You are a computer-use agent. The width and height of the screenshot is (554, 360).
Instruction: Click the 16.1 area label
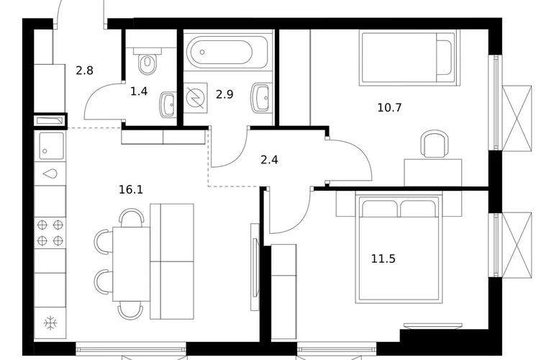tap(131, 190)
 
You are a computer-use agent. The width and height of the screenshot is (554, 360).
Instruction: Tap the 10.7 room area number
tap(389, 107)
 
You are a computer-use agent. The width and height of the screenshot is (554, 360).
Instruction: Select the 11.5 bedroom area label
tap(383, 259)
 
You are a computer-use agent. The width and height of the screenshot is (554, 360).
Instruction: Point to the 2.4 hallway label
tap(269, 160)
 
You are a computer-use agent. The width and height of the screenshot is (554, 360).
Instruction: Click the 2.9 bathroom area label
tap(224, 95)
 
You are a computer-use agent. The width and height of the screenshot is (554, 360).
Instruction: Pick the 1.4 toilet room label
tap(139, 91)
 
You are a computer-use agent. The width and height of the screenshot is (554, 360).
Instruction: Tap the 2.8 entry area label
tap(84, 71)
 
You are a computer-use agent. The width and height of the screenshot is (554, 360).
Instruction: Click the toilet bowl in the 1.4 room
tap(147, 61)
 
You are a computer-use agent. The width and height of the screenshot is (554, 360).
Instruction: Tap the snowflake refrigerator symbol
tap(50, 323)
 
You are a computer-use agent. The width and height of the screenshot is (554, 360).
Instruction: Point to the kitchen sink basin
tap(50, 145)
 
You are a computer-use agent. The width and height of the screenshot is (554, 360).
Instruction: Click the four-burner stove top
tap(50, 233)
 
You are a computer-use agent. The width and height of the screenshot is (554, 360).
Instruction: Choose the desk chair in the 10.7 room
tap(435, 143)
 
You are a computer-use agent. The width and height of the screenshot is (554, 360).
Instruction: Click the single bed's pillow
tap(444, 58)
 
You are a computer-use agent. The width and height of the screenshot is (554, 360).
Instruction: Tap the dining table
tap(132, 264)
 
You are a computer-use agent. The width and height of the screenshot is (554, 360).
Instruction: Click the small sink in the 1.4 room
tap(168, 104)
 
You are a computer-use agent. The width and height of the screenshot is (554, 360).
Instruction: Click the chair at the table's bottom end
tap(130, 310)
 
